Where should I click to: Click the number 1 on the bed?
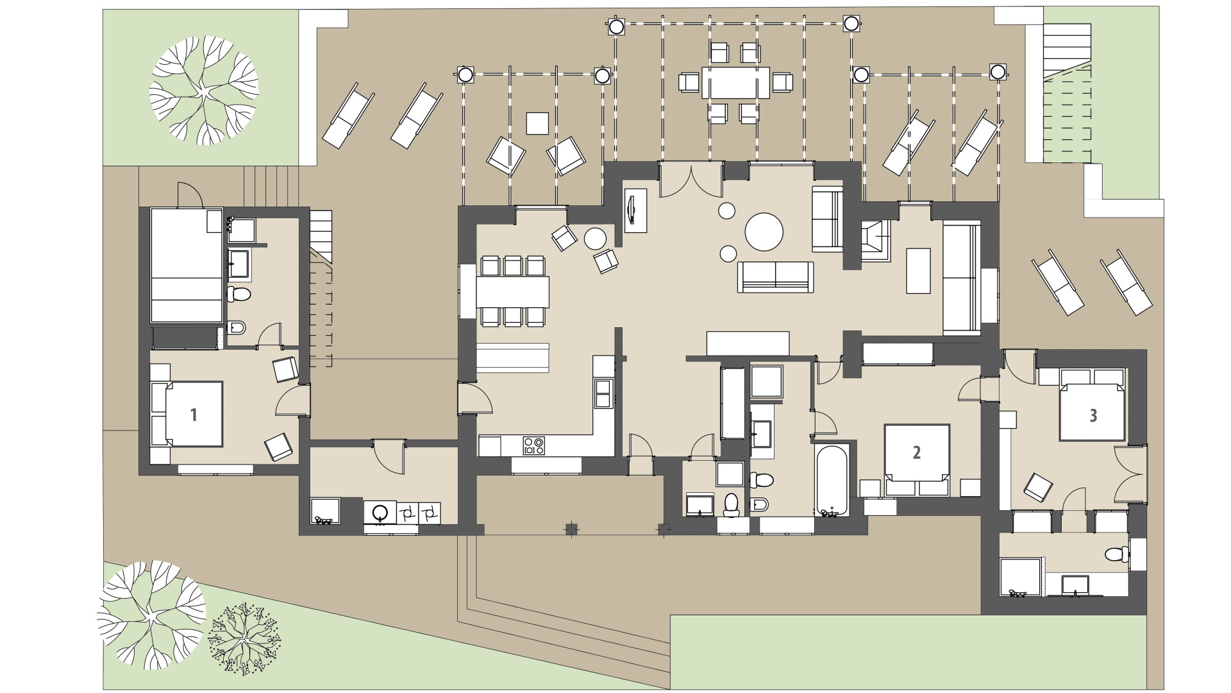point(194,415)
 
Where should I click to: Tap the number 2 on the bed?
point(916,452)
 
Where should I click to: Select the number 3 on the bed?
point(1093,415)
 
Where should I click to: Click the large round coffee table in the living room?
point(764,232)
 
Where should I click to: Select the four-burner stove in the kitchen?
point(534,445)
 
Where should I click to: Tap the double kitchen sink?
point(603,393)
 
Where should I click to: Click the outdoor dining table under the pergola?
point(735,83)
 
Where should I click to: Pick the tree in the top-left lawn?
point(204,90)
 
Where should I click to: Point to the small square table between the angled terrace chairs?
point(537,123)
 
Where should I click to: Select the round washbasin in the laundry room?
point(380,513)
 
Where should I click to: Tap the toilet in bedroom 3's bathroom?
point(1116,554)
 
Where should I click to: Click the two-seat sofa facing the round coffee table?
point(776,277)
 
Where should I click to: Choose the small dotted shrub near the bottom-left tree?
point(244,638)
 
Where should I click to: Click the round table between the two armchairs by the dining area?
point(596,239)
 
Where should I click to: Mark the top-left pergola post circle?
point(465,75)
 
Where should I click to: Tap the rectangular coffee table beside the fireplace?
point(918,270)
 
